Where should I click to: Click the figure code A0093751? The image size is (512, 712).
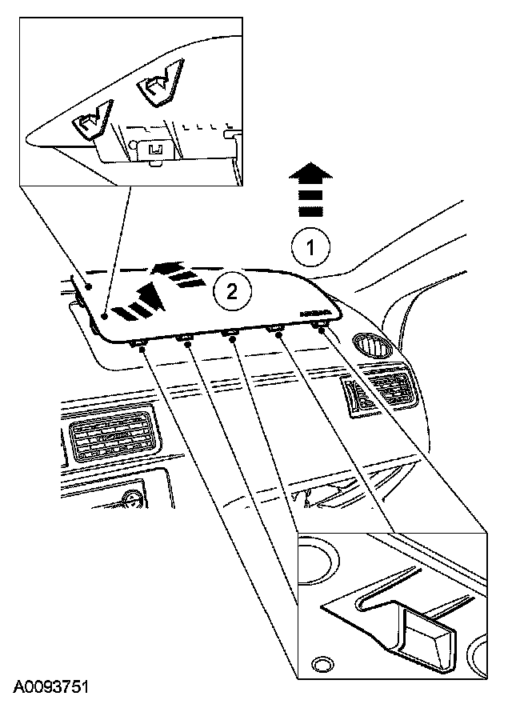coord(50,686)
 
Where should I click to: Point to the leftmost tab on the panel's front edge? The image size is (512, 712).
coord(138,345)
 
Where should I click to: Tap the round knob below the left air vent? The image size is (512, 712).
coord(131,503)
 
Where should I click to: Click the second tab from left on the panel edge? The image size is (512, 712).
coord(186,340)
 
